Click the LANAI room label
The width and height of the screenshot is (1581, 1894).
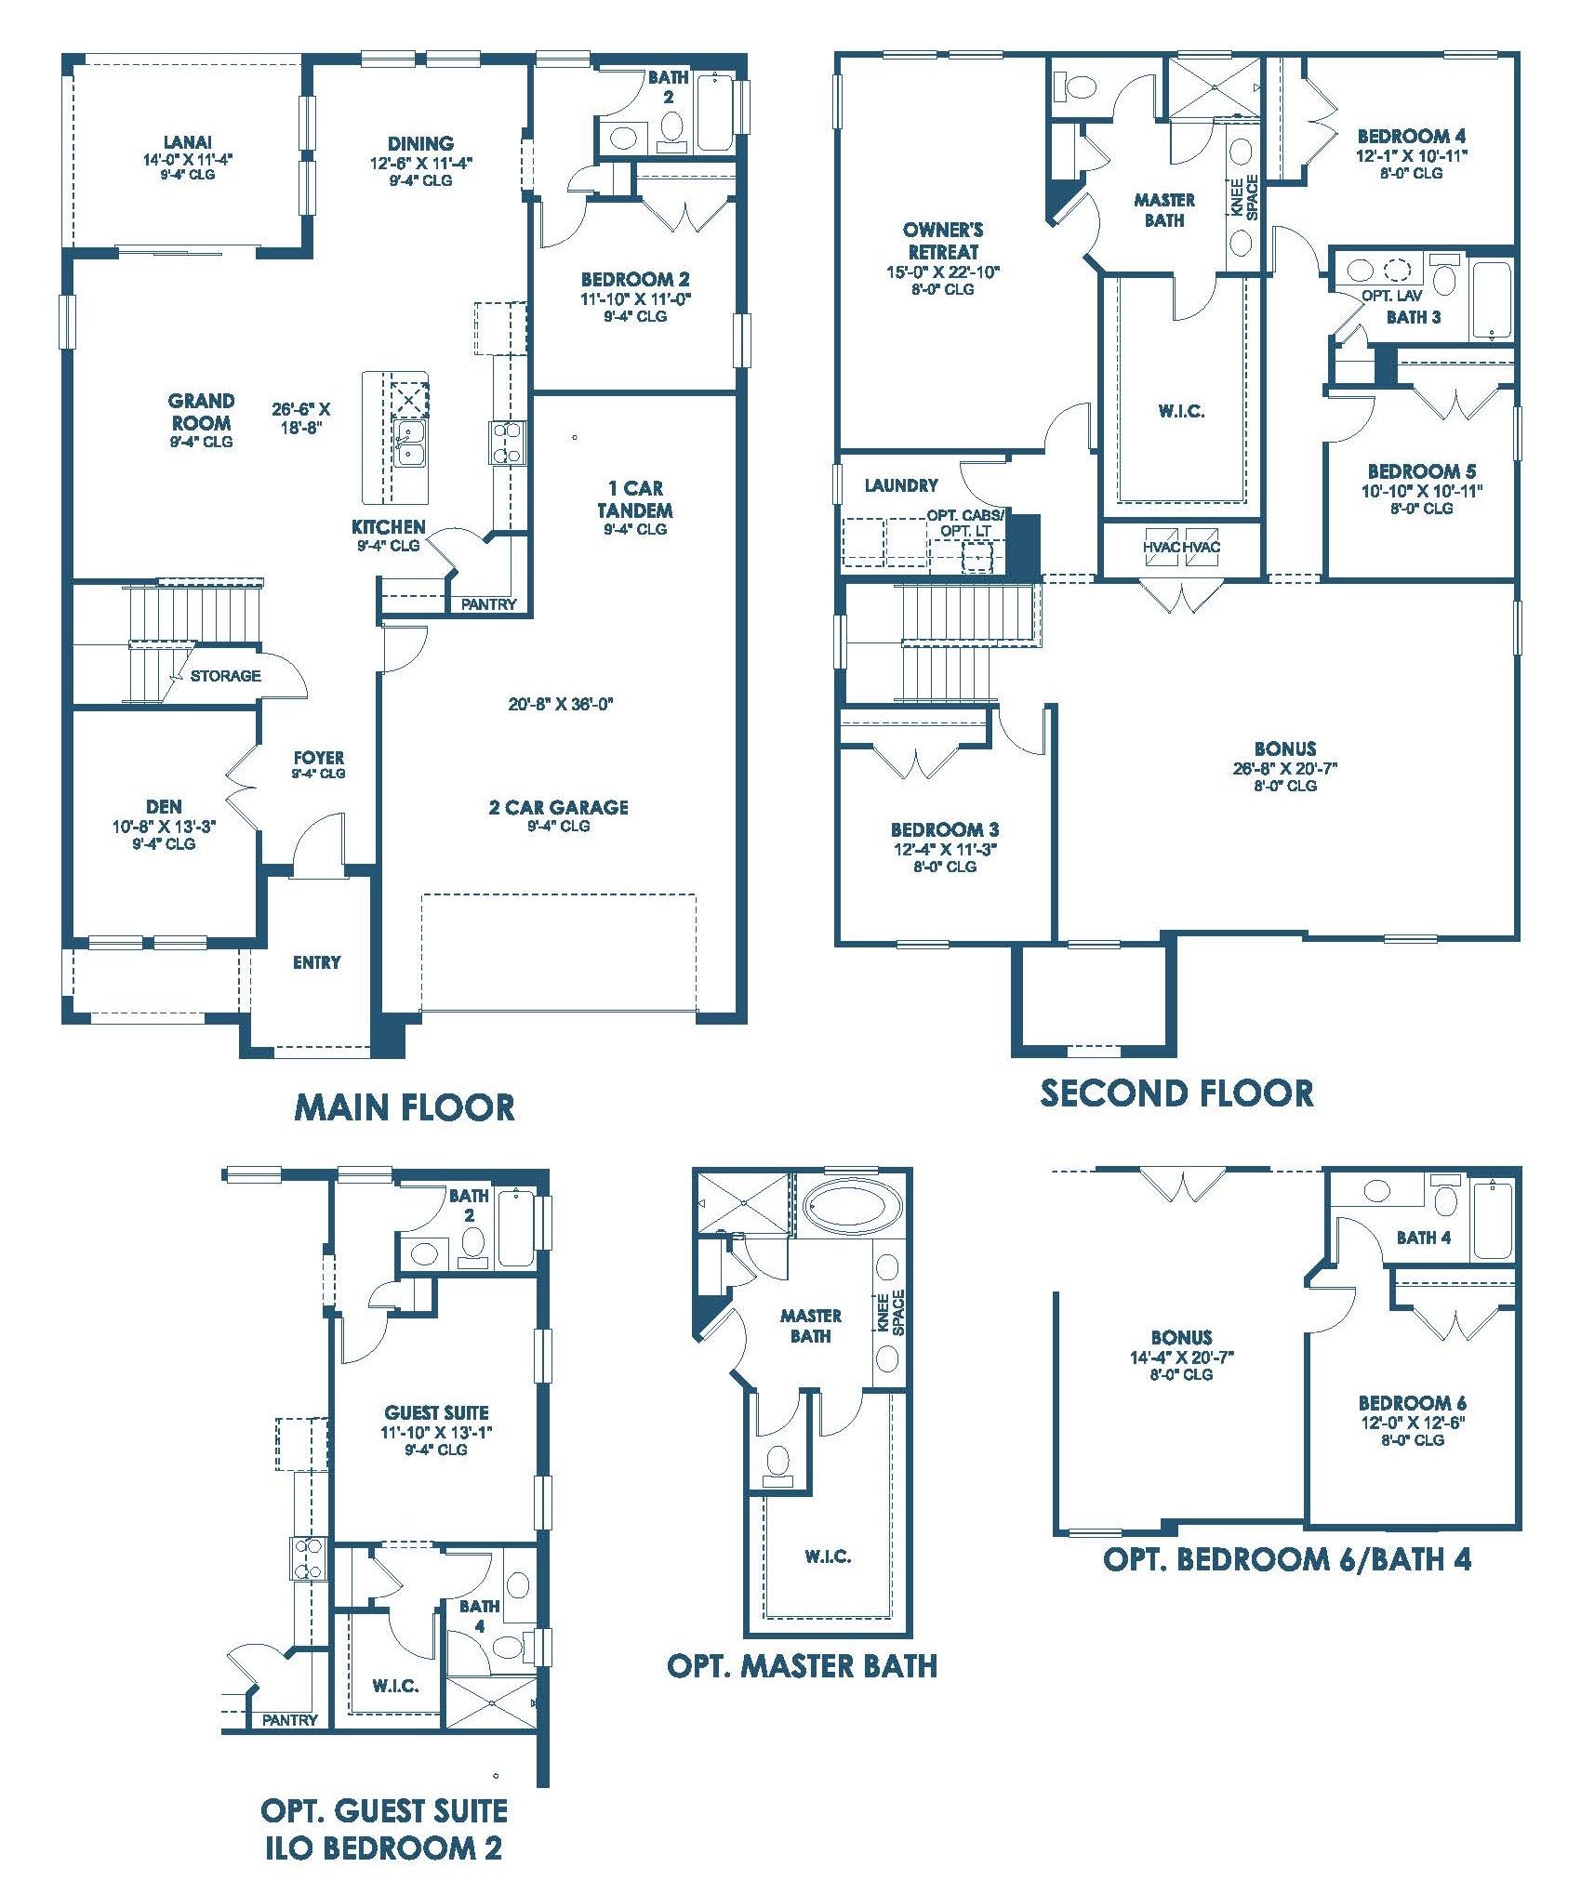pos(188,142)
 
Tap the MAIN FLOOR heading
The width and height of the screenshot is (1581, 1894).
pos(405,1107)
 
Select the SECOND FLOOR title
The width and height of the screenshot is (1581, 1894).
pos(1176,1093)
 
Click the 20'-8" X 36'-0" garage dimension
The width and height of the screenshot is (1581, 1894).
pos(561,704)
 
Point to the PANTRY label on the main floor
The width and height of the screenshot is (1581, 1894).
pos(488,604)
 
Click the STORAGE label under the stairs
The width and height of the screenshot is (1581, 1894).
pos(226,676)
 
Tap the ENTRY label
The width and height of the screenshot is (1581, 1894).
pos(316,962)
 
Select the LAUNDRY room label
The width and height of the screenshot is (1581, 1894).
pos(901,485)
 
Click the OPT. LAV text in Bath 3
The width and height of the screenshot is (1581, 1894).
pos(1391,296)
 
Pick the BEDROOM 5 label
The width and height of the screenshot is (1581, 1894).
pos(1421,471)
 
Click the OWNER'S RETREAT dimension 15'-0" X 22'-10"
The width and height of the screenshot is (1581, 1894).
pos(943,272)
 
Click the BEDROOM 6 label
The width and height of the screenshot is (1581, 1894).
pos(1412,1403)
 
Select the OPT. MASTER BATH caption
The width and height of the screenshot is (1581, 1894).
pos(802,1665)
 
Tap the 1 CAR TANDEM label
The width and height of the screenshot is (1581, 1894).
pos(636,498)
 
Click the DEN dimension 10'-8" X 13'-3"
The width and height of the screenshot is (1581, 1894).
pos(164,825)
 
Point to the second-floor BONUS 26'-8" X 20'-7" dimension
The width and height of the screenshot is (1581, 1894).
pos(1284,768)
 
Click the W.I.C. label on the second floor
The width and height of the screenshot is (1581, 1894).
pos(1181,411)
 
